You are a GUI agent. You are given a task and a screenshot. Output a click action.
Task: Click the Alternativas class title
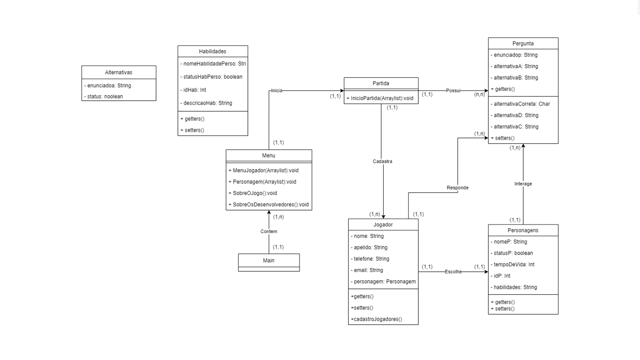coord(119,73)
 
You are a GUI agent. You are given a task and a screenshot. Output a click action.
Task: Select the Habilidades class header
coord(213,52)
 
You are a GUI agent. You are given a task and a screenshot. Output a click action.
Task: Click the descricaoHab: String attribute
coord(206,103)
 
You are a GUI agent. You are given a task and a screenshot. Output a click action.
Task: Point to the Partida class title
coord(381,83)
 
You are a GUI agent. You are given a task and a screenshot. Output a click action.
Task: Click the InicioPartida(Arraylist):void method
coord(382,98)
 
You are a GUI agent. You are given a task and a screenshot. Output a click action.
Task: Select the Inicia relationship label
coord(276,91)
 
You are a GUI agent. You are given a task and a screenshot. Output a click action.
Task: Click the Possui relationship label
coord(453,91)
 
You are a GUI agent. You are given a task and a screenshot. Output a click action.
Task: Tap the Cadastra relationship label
coord(382,161)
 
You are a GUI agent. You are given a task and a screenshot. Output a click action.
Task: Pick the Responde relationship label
coord(457,187)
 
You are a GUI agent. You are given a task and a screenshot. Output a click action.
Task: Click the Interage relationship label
coord(523,184)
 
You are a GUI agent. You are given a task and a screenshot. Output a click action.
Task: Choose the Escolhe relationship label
coord(453,272)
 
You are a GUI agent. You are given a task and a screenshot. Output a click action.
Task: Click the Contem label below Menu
coord(269,232)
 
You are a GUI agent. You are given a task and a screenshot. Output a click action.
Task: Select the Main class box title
coord(269,260)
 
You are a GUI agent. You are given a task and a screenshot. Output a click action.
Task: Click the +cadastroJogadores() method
coord(377,319)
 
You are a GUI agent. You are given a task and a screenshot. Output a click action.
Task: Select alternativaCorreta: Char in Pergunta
coord(521,104)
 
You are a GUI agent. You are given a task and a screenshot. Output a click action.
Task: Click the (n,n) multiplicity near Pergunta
coord(480,94)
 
